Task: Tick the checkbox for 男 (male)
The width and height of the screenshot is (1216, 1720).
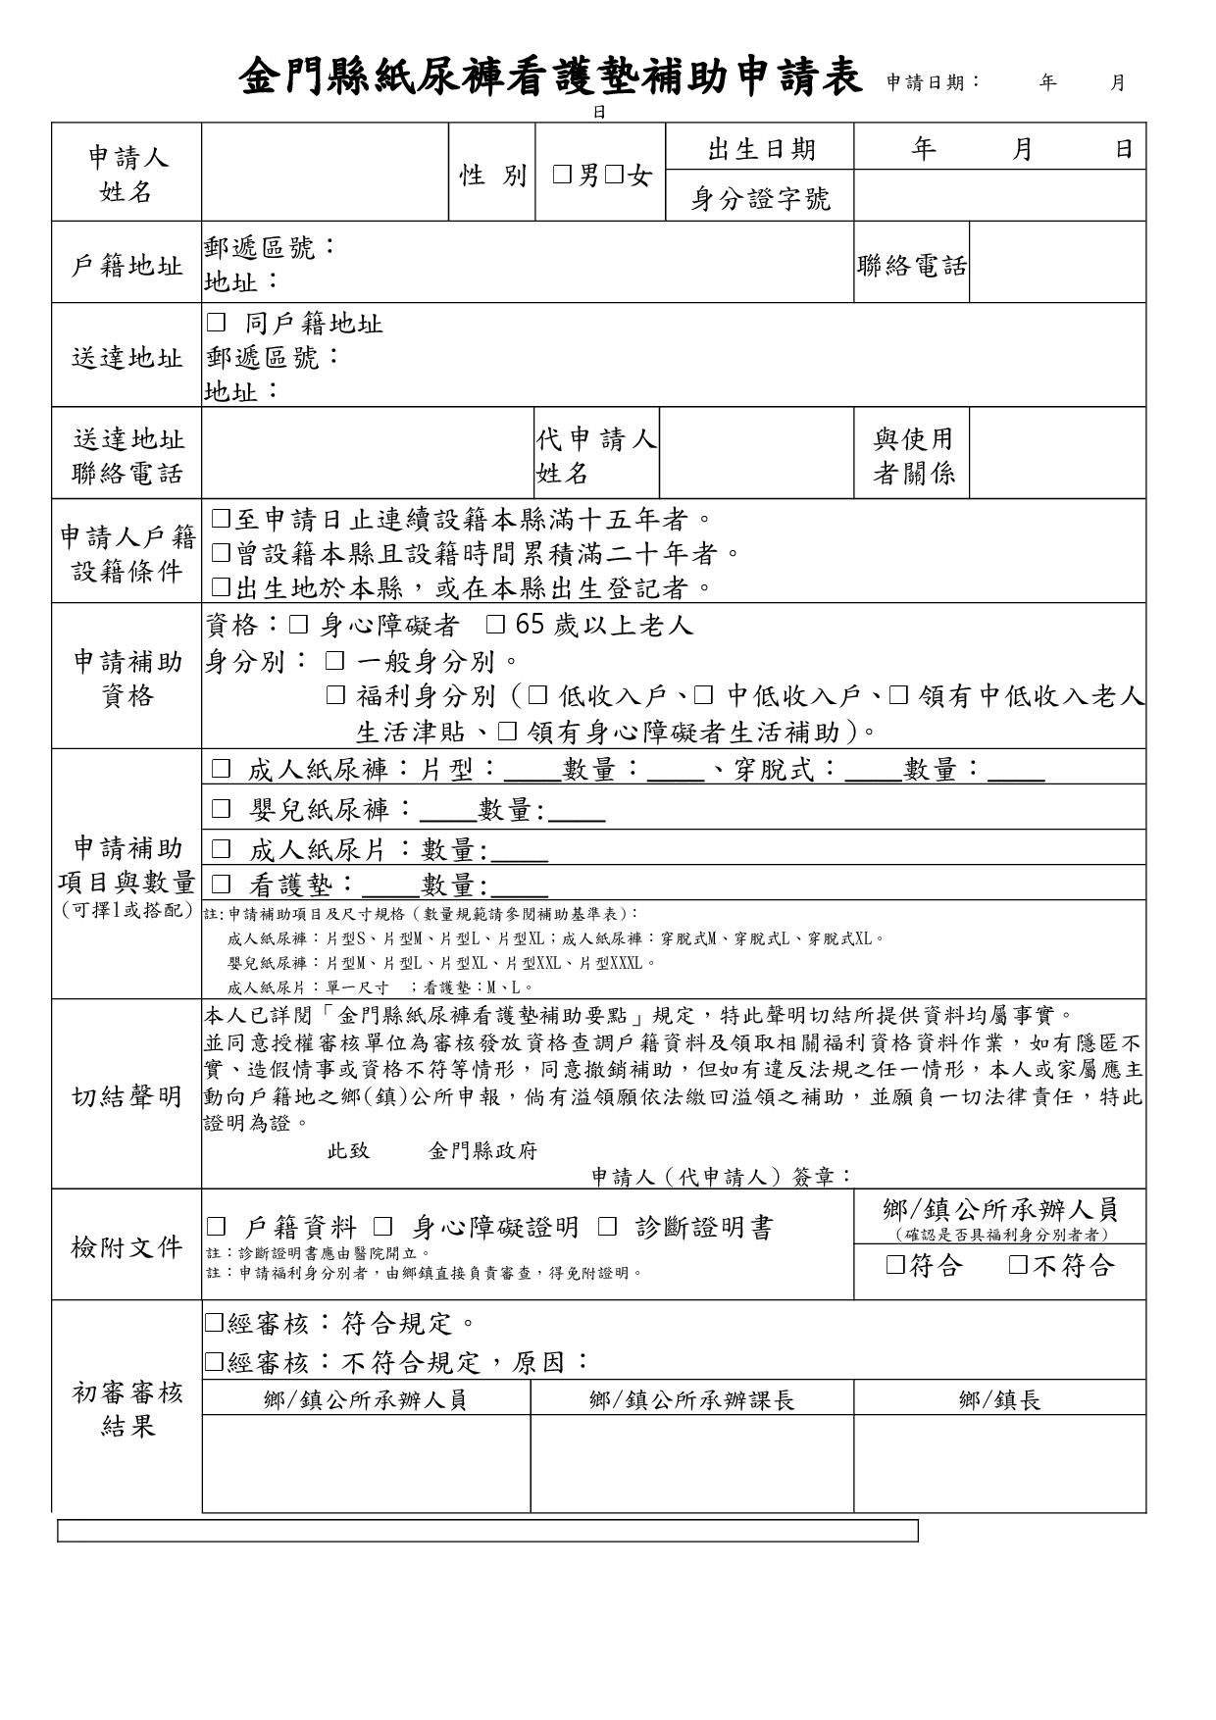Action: (x=562, y=176)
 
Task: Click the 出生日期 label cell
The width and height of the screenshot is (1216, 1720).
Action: (x=761, y=149)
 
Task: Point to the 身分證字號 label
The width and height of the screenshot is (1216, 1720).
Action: (x=761, y=199)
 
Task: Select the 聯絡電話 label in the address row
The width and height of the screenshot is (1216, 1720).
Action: (x=912, y=266)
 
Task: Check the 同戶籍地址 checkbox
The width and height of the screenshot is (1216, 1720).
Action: (x=217, y=323)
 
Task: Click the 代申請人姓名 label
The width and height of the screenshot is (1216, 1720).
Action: (x=596, y=456)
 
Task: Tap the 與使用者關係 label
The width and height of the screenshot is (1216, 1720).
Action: (x=913, y=456)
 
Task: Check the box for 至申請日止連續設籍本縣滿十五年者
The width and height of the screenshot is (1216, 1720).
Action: (x=222, y=519)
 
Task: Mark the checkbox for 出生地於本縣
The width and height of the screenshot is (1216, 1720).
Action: (x=222, y=587)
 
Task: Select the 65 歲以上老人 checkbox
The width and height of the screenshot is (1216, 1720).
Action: (x=496, y=625)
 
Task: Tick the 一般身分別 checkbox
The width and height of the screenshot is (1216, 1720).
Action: (x=335, y=661)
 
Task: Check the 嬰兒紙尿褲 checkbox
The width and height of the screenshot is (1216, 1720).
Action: (x=222, y=809)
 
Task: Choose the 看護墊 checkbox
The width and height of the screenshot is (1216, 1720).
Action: (x=222, y=885)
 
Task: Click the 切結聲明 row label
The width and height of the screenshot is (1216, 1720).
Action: (x=127, y=1096)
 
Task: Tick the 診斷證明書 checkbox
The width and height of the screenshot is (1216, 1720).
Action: (x=608, y=1227)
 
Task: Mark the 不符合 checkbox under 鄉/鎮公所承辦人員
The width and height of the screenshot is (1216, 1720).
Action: (x=1018, y=1265)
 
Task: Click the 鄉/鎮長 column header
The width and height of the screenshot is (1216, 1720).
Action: (x=999, y=1399)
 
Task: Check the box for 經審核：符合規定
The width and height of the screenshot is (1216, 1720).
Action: (x=214, y=1324)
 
